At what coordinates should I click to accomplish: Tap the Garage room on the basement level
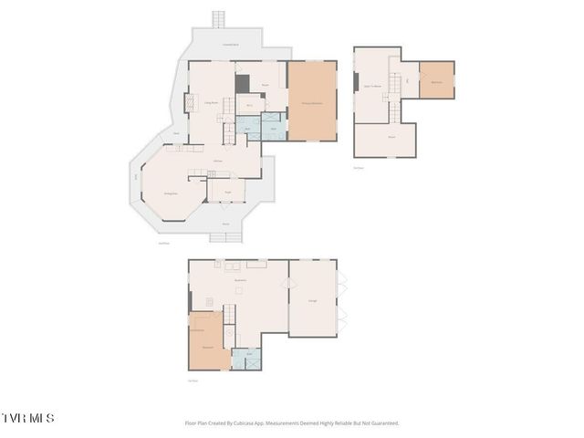click(x=313, y=298)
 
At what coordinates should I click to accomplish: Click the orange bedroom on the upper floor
click(x=436, y=80)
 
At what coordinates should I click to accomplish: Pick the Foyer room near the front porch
click(x=225, y=189)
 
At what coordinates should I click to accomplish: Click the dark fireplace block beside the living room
click(x=242, y=83)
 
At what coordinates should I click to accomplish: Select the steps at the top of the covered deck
click(x=218, y=19)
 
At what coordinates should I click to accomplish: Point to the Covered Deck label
click(x=231, y=44)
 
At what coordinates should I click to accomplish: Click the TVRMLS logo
click(x=28, y=418)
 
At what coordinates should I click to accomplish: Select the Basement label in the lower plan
click(x=242, y=280)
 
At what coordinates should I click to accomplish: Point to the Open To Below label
click(x=372, y=86)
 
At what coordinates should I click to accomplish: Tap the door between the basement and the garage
click(x=288, y=283)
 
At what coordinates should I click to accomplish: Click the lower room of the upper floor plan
click(x=391, y=139)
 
